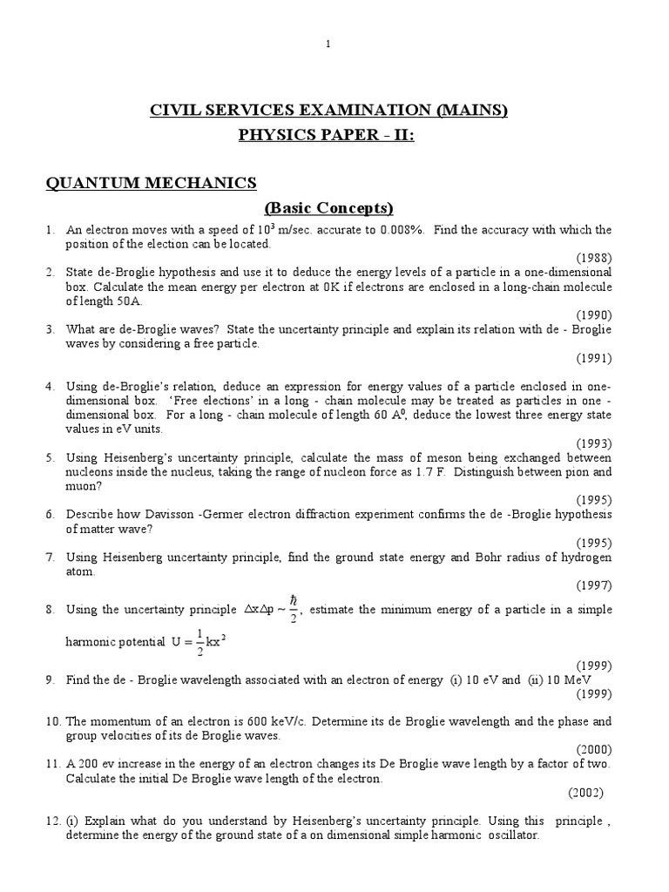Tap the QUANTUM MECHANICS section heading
click(151, 182)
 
